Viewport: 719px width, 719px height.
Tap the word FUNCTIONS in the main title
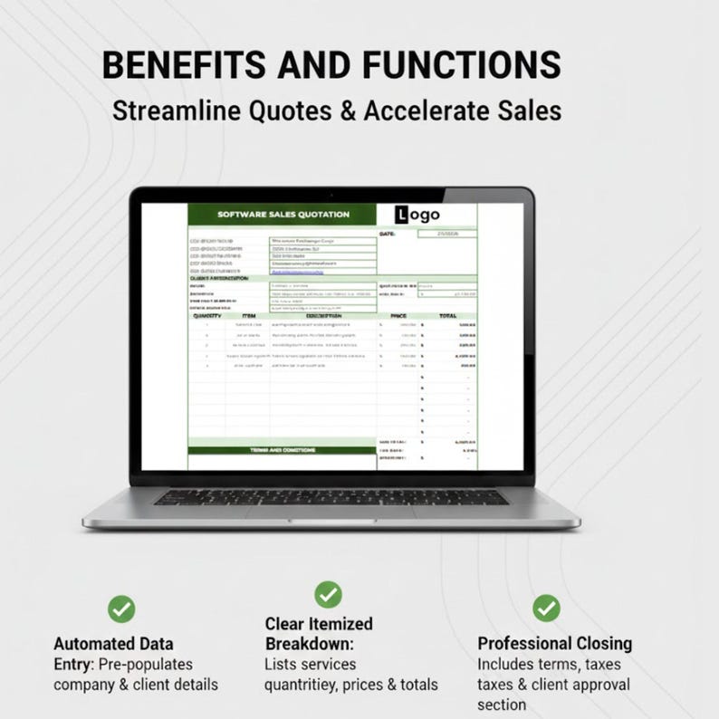[461, 66]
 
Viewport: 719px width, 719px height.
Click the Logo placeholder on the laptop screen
[417, 214]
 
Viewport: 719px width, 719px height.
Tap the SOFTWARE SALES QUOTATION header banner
[283, 215]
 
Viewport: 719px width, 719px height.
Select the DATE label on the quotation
[388, 234]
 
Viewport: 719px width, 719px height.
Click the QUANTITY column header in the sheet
[207, 315]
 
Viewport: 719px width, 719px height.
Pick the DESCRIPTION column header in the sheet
[322, 315]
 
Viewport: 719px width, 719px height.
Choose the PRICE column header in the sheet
[398, 315]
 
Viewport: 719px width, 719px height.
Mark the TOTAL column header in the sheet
[447, 315]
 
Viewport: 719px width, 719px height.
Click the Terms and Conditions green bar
[283, 449]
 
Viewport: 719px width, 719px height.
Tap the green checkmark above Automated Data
[120, 609]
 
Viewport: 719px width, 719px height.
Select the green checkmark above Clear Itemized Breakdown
[328, 594]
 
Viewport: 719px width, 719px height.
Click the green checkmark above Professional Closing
[546, 608]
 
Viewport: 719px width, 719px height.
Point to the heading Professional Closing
[554, 644]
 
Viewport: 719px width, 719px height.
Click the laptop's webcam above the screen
[332, 195]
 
